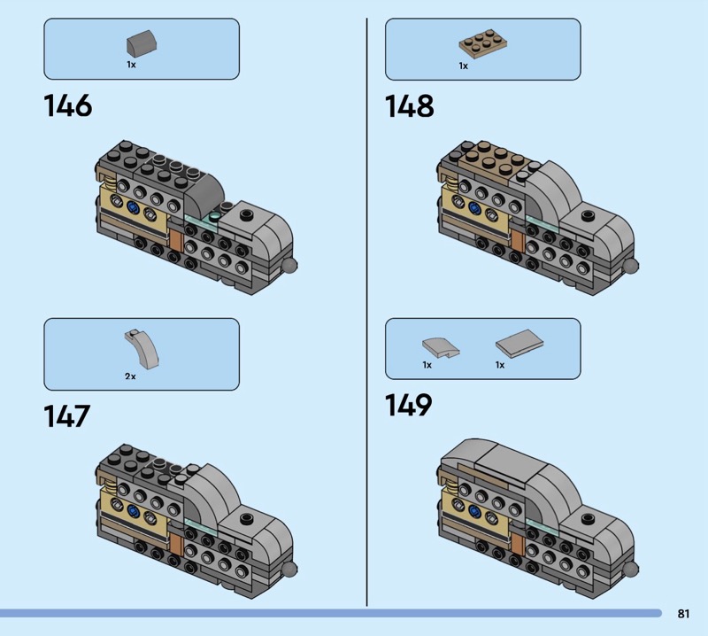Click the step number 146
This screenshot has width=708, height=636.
pyautogui.click(x=68, y=105)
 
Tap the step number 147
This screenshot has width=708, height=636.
pyautogui.click(x=67, y=416)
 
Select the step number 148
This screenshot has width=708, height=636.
pyautogui.click(x=409, y=105)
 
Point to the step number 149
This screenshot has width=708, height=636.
pyautogui.click(x=408, y=405)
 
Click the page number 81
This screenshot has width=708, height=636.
pyautogui.click(x=683, y=613)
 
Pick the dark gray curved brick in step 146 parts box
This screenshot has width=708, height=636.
pyautogui.click(x=142, y=43)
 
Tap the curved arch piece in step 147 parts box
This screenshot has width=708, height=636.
pyautogui.click(x=142, y=346)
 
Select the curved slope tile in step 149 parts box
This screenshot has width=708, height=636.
pyautogui.click(x=441, y=347)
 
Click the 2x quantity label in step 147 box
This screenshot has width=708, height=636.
pyautogui.click(x=130, y=376)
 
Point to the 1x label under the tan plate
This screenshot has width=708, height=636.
pyautogui.click(x=463, y=66)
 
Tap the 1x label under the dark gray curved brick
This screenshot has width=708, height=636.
pyautogui.click(x=131, y=65)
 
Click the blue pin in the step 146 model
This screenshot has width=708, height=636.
pyautogui.click(x=133, y=208)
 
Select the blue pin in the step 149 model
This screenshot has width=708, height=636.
pyautogui.click(x=474, y=511)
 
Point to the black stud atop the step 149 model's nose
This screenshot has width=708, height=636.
pyautogui.click(x=588, y=519)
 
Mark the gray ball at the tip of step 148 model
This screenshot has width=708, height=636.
pyautogui.click(x=631, y=266)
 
